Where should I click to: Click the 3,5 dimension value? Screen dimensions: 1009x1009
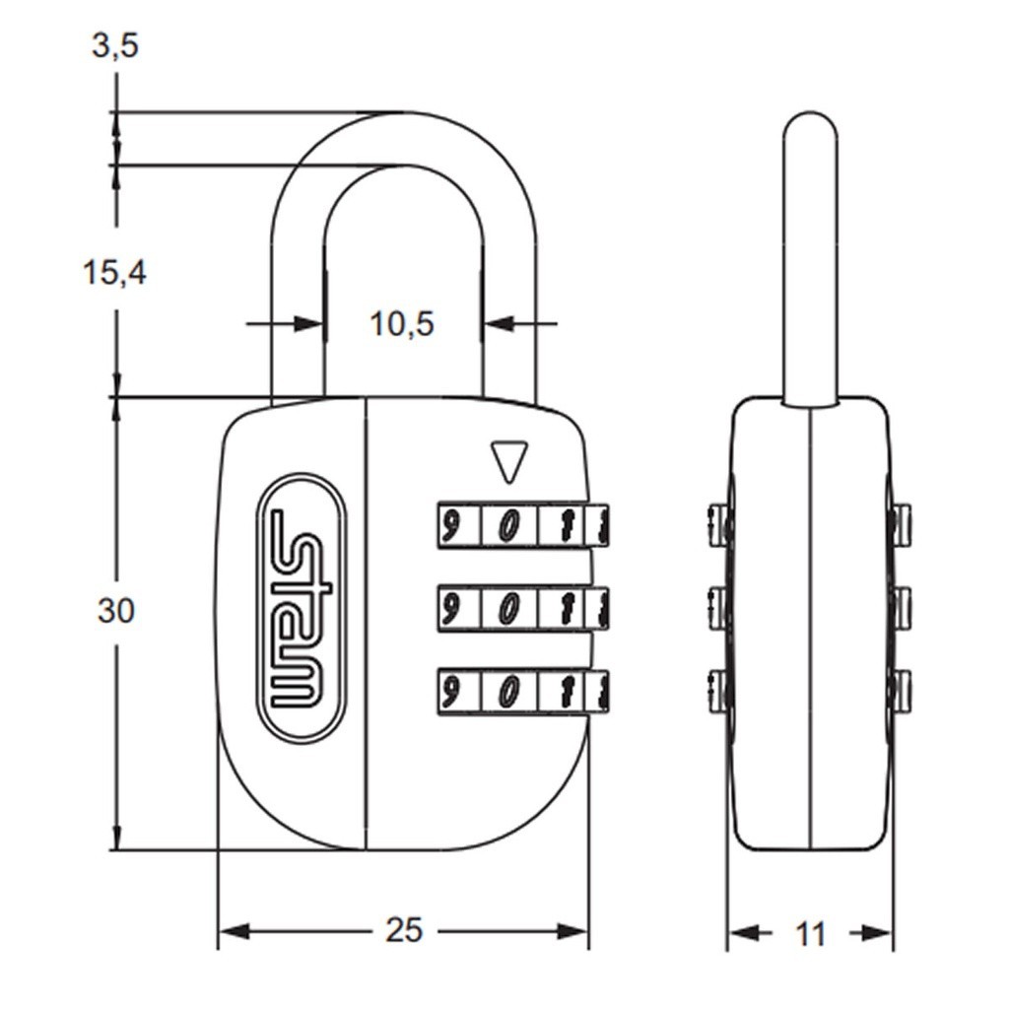[115, 46]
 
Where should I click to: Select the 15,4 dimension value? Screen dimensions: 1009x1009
[115, 272]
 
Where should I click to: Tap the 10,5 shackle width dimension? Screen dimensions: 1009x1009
[402, 323]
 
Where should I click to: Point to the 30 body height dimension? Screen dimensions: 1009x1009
[116, 610]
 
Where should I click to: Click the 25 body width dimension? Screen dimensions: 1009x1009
[403, 929]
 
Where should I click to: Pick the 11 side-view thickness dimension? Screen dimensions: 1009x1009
[810, 934]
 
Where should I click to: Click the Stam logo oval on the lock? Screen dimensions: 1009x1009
[302, 609]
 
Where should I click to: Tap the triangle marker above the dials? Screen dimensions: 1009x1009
[508, 461]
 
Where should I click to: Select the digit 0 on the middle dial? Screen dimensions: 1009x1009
[509, 606]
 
